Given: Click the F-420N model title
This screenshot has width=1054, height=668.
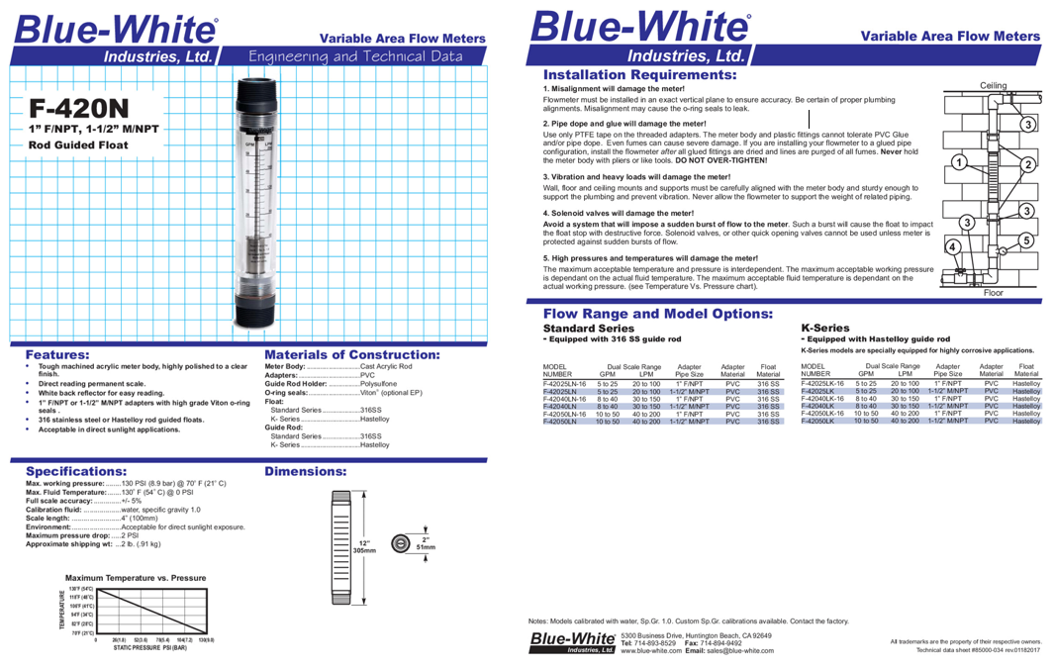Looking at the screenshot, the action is click(x=79, y=107).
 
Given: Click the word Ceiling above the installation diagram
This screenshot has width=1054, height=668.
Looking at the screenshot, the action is click(x=993, y=86).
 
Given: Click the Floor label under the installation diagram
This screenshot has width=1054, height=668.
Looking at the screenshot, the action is click(x=993, y=293).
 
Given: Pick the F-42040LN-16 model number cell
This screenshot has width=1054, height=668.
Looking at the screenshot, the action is click(x=565, y=399).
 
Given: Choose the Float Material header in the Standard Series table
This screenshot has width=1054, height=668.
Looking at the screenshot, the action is click(x=768, y=370).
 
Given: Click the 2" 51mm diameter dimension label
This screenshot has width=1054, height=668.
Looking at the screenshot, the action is click(x=427, y=543).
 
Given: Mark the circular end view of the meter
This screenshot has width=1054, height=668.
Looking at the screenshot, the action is click(x=399, y=543).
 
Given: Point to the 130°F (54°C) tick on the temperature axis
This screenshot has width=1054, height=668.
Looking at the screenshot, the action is click(x=80, y=589).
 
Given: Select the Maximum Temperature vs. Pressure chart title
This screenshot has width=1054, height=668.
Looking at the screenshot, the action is click(x=136, y=577).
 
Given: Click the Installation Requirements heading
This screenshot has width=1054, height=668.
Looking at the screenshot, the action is click(x=638, y=75).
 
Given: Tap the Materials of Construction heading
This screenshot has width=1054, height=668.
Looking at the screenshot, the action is click(x=353, y=354).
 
